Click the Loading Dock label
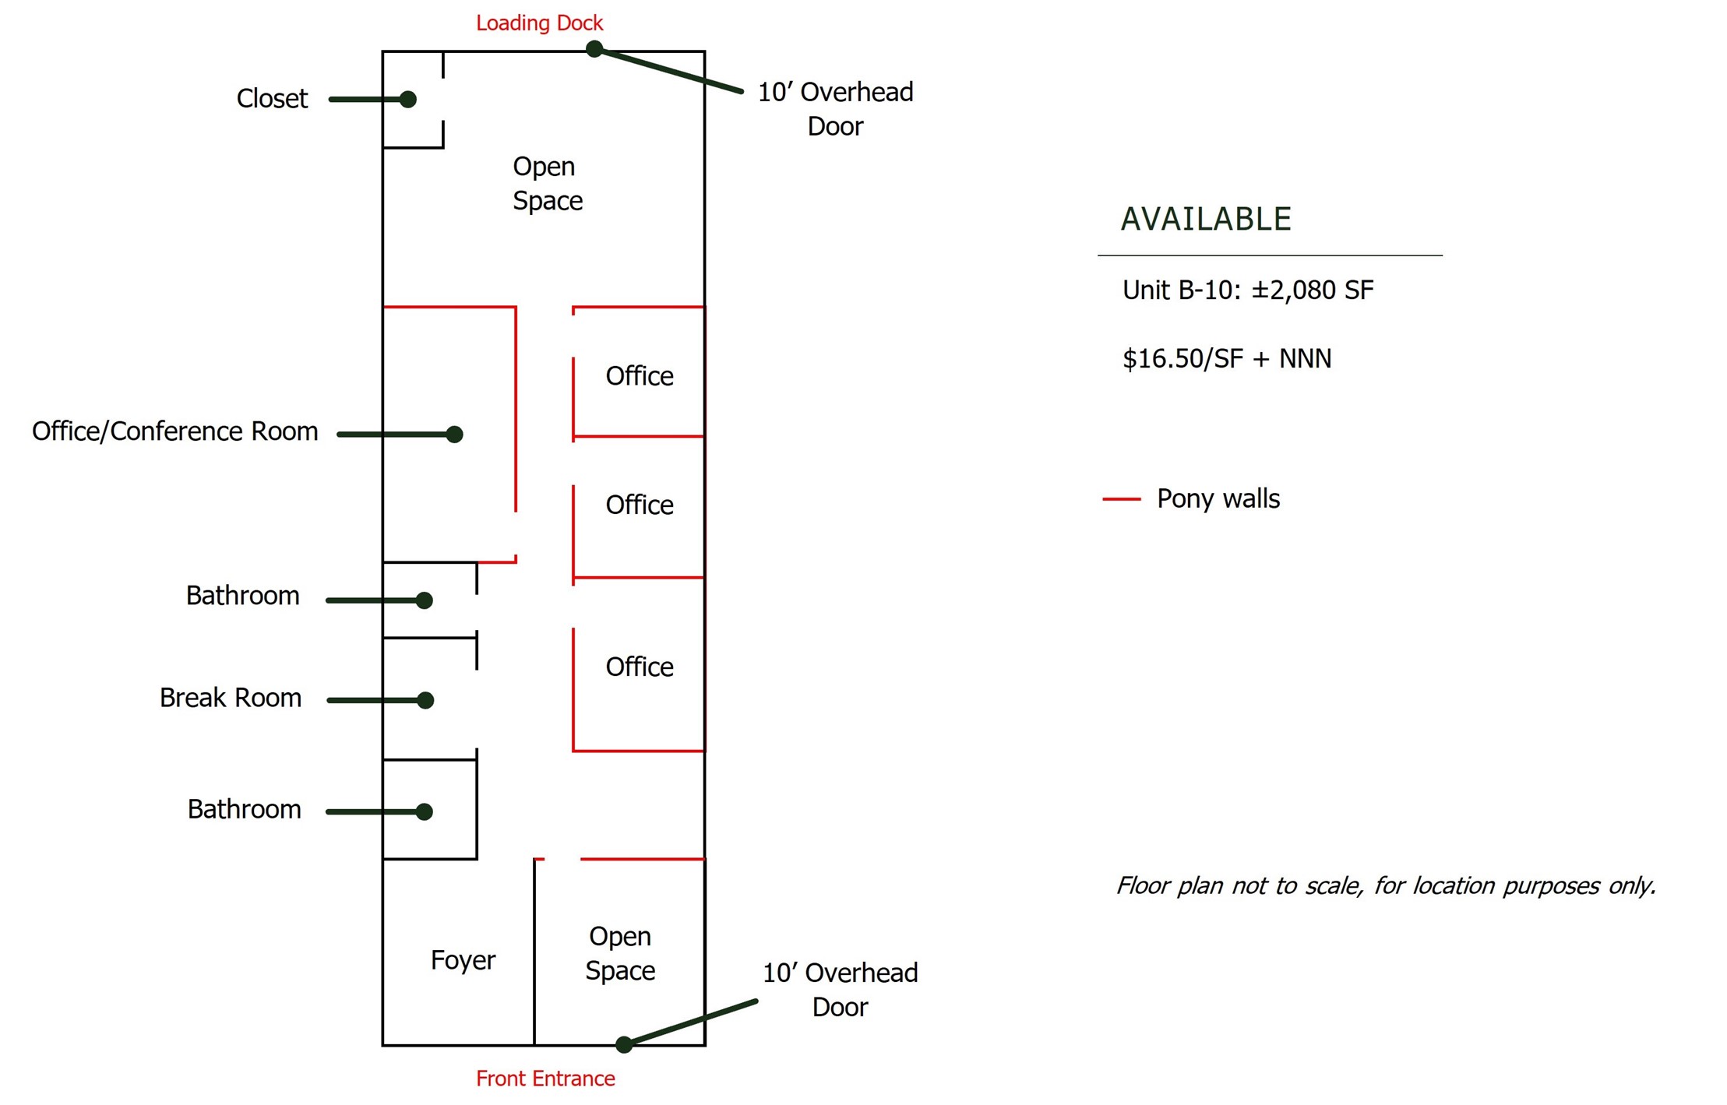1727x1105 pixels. pos(539,23)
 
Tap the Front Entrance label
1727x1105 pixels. pos(545,1079)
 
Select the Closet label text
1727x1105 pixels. pos(272,99)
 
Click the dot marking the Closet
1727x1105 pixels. pos(407,99)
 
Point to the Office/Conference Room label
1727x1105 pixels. pos(175,431)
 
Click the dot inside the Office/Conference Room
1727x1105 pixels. pos(454,435)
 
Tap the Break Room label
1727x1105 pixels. pos(231,698)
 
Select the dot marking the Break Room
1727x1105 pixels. pos(425,700)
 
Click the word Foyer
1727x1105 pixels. pos(463,960)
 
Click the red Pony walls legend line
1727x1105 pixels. pos(1122,498)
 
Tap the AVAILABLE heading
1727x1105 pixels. pos(1206,219)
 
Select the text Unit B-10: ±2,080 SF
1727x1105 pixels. pos(1248,290)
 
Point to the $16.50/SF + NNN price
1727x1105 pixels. pos(1227,359)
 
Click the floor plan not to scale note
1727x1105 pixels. pos(1386,886)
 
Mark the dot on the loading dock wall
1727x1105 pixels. pos(594,49)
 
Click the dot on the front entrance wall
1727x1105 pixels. pos(624,1044)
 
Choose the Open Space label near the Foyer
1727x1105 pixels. pos(620,953)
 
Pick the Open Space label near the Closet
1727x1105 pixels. pos(548,184)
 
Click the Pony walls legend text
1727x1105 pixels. pos(1218,499)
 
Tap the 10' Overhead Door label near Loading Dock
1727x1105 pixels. pos(836,109)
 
